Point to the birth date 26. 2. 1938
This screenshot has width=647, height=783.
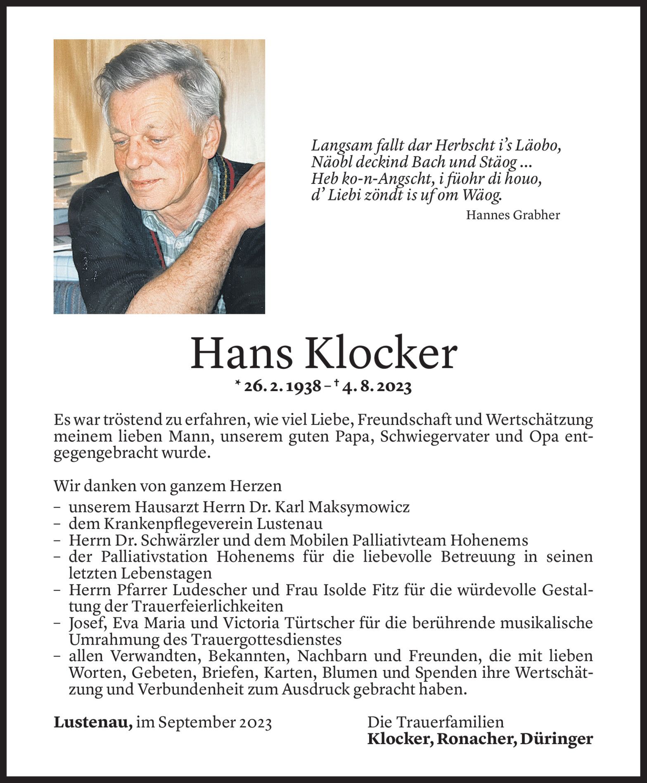click(282, 387)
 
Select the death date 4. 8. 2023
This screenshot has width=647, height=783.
click(377, 387)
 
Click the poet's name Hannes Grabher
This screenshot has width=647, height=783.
click(512, 215)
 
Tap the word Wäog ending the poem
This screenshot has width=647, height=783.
click(481, 195)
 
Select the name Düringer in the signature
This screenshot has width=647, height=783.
click(556, 739)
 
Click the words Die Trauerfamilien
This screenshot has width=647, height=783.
click(436, 722)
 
